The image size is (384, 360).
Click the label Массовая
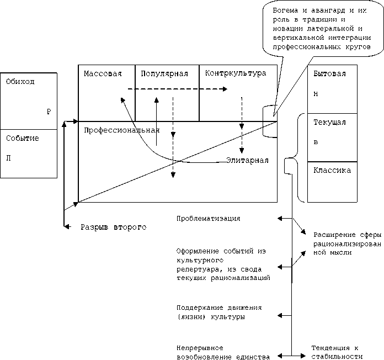(103, 73)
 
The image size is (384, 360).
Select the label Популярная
(164, 73)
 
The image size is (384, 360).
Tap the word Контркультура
(235, 73)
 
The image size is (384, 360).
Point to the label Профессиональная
(121, 130)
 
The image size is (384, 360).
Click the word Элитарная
(247, 160)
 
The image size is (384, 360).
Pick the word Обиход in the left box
(20, 82)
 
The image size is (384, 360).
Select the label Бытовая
(329, 73)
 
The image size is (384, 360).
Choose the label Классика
(332, 170)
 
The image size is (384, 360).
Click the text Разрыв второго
(114, 227)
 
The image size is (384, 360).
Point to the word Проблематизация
(208, 219)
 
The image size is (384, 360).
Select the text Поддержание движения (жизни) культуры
(219, 312)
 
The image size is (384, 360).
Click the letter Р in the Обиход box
(49, 112)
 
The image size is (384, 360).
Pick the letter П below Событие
(8, 158)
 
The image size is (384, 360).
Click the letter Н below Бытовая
(316, 93)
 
